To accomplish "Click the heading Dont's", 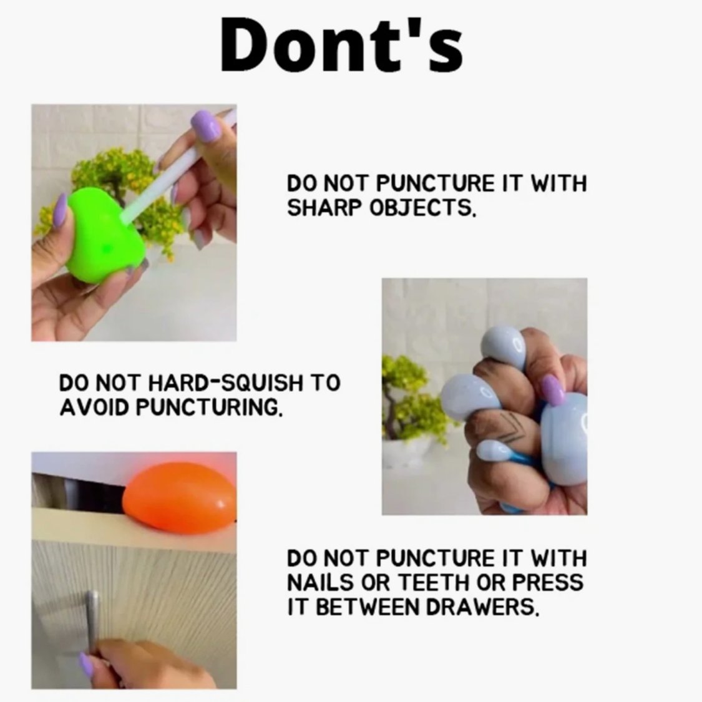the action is (x=341, y=45).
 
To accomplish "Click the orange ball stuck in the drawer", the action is (x=179, y=497).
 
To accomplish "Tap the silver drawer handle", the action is (x=93, y=626).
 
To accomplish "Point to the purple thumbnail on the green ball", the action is (x=61, y=210).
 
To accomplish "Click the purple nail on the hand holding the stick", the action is (x=205, y=126).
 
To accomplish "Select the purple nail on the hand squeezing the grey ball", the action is (x=553, y=389).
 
